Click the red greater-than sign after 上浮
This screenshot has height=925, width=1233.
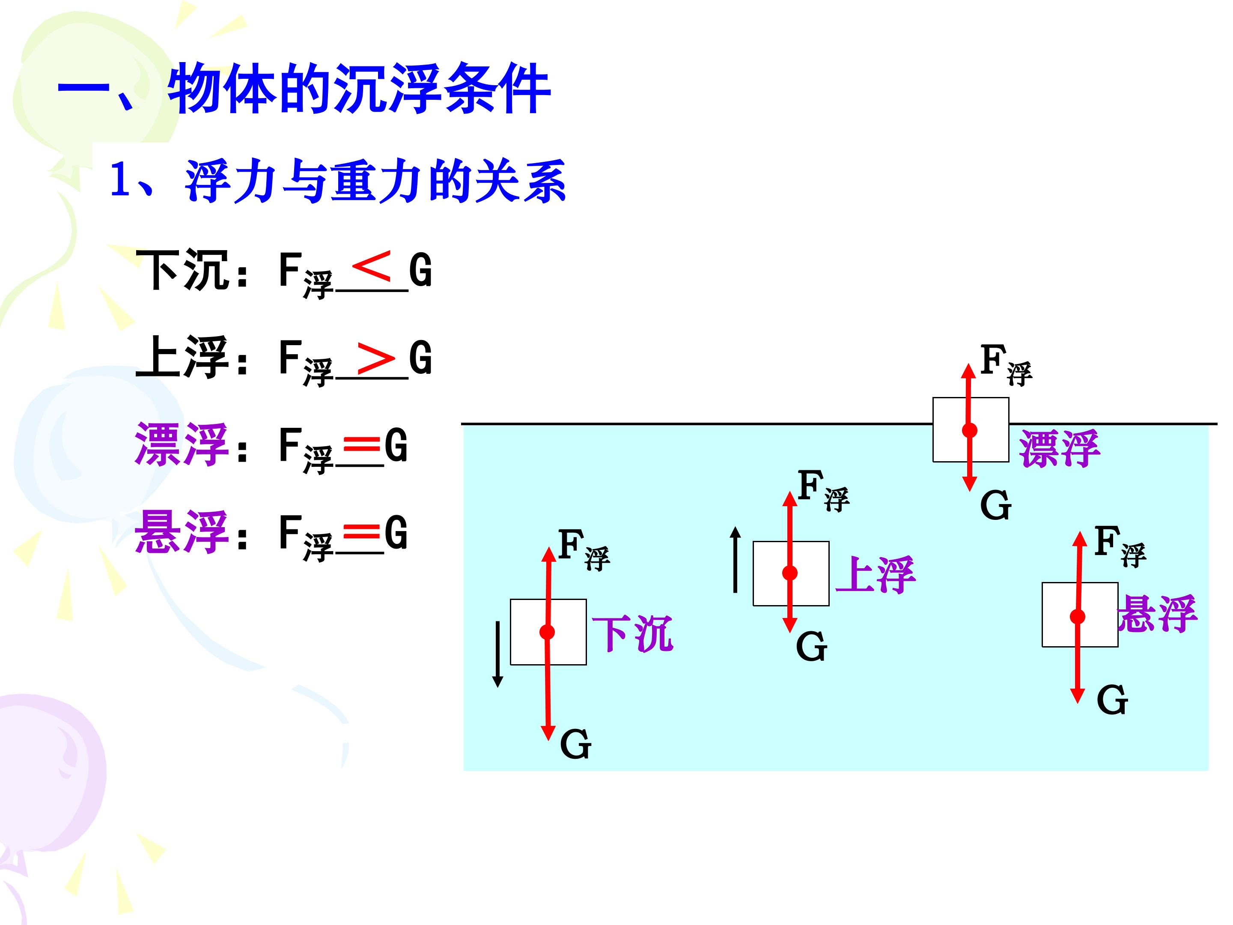coord(376,358)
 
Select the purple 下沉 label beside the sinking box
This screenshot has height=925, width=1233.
coord(633,634)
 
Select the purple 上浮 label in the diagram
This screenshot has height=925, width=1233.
coord(875,574)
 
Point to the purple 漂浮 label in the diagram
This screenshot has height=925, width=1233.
coord(1060,448)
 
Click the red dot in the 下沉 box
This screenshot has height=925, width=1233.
coord(548,632)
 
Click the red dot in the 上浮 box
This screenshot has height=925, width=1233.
coord(790,573)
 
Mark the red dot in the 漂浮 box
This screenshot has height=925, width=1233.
coord(970,430)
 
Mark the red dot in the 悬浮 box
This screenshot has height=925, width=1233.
coord(1078,616)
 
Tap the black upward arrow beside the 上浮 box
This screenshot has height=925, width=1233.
coord(736,559)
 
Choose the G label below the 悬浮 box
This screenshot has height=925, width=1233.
coord(1112,700)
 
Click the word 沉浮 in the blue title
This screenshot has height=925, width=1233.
coord(388,89)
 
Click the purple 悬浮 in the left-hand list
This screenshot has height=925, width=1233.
coord(181,532)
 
